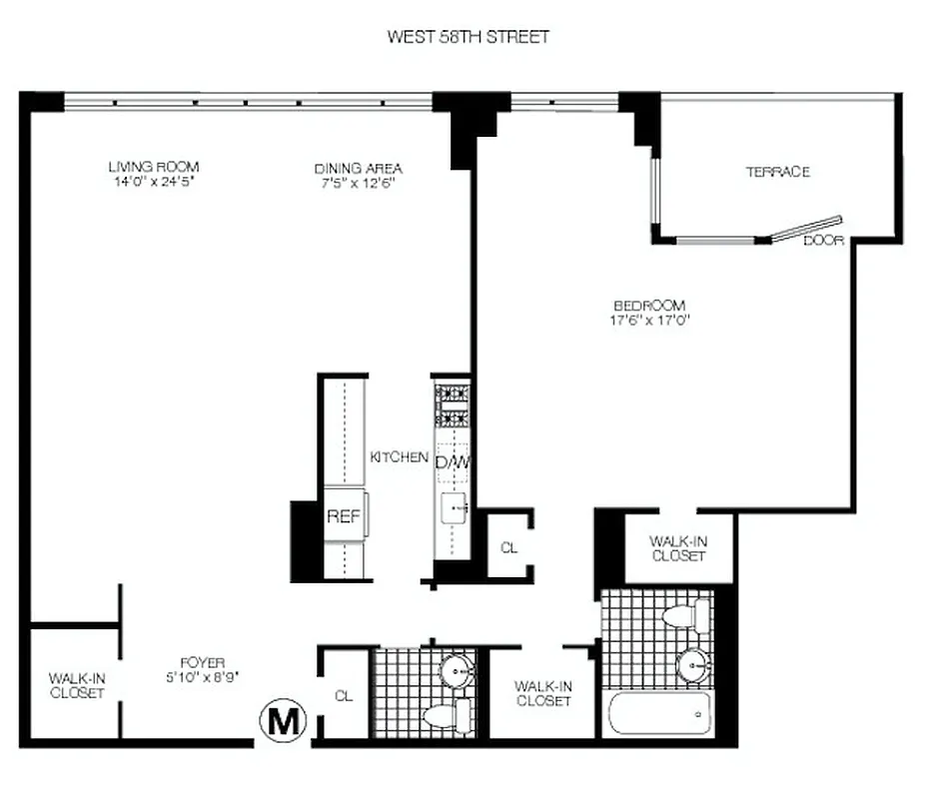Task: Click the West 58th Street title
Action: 468,37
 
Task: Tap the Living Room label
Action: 154,167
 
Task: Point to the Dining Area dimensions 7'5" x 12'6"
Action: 358,183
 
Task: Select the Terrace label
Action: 777,172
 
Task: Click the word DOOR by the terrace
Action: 824,242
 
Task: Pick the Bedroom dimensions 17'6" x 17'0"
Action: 650,321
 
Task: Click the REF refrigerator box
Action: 344,516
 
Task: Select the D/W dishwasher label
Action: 452,463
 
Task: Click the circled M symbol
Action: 284,721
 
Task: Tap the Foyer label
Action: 203,662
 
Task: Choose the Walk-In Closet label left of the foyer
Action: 76,686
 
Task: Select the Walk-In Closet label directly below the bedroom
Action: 678,548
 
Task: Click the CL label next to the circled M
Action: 344,694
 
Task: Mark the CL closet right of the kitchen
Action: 508,547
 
